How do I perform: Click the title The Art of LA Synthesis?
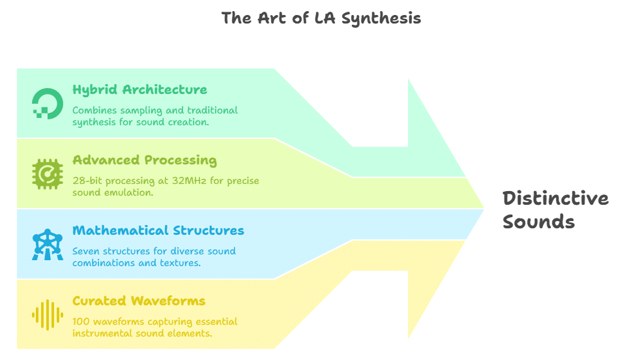tap(321, 18)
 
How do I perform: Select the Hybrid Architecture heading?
tap(139, 89)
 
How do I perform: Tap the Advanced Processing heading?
tap(145, 160)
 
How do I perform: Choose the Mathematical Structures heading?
tap(158, 230)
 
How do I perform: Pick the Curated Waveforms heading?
tap(139, 301)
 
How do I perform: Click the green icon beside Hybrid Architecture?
tap(48, 103)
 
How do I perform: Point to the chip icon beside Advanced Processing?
tap(48, 173)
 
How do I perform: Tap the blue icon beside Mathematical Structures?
tap(48, 244)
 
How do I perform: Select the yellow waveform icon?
tap(48, 314)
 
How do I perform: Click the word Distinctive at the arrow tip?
tap(555, 198)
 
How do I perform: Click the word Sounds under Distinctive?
tap(538, 222)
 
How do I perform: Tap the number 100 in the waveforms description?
tap(81, 322)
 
